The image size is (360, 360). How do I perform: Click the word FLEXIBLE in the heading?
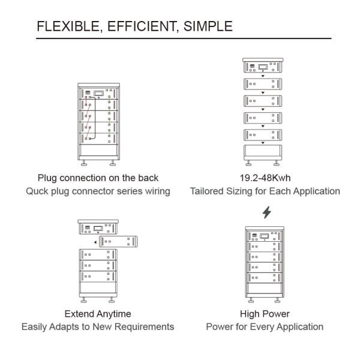(x=68, y=26)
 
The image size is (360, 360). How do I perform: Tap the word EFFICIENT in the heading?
(x=142, y=26)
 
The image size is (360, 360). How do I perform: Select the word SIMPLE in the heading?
(x=208, y=26)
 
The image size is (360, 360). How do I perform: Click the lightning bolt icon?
(x=267, y=212)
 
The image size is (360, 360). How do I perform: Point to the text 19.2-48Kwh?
(x=265, y=178)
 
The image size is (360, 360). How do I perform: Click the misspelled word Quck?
(x=36, y=191)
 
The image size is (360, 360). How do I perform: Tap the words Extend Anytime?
(x=98, y=314)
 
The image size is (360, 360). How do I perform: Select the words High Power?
(x=265, y=314)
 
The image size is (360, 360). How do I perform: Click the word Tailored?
(x=207, y=191)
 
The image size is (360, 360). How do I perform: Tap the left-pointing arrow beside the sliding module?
(x=95, y=242)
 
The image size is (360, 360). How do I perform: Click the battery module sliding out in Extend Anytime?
(x=118, y=242)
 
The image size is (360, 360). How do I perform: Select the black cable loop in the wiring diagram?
(x=95, y=118)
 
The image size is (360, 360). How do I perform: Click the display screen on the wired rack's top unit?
(x=99, y=94)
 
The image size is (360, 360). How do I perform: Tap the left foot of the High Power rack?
(x=251, y=300)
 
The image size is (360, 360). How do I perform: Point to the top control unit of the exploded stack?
(x=263, y=65)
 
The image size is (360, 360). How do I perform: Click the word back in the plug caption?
(x=148, y=178)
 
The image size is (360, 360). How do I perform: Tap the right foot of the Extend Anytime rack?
(x=112, y=300)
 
